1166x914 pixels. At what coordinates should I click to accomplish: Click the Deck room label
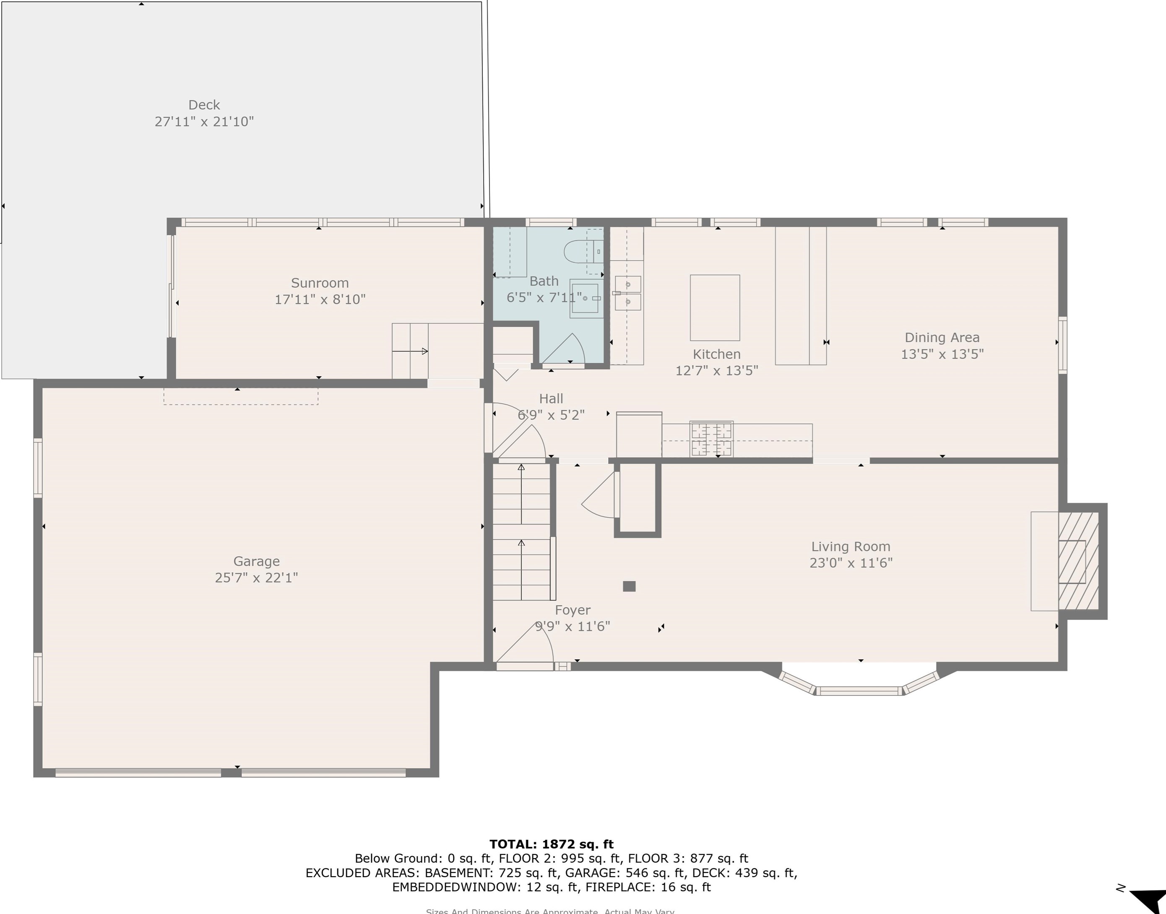coord(204,105)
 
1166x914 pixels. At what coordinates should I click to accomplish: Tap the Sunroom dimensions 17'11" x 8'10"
coord(320,299)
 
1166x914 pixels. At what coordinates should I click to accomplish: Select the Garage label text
coord(256,561)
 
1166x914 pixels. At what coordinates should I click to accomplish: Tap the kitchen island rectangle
coord(714,308)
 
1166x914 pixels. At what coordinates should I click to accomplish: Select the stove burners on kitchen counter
coord(711,438)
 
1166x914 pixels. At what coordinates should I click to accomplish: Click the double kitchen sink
coord(628,293)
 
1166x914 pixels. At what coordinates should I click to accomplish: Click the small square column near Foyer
coord(629,586)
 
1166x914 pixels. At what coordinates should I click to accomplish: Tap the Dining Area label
coord(942,338)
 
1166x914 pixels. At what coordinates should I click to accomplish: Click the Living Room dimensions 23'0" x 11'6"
coord(851,562)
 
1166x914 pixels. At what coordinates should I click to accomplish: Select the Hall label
coord(551,398)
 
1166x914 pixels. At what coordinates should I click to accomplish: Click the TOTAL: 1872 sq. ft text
coord(551,844)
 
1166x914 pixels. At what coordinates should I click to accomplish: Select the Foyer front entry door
coord(524,666)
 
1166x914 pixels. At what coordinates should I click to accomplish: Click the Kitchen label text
coord(716,354)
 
